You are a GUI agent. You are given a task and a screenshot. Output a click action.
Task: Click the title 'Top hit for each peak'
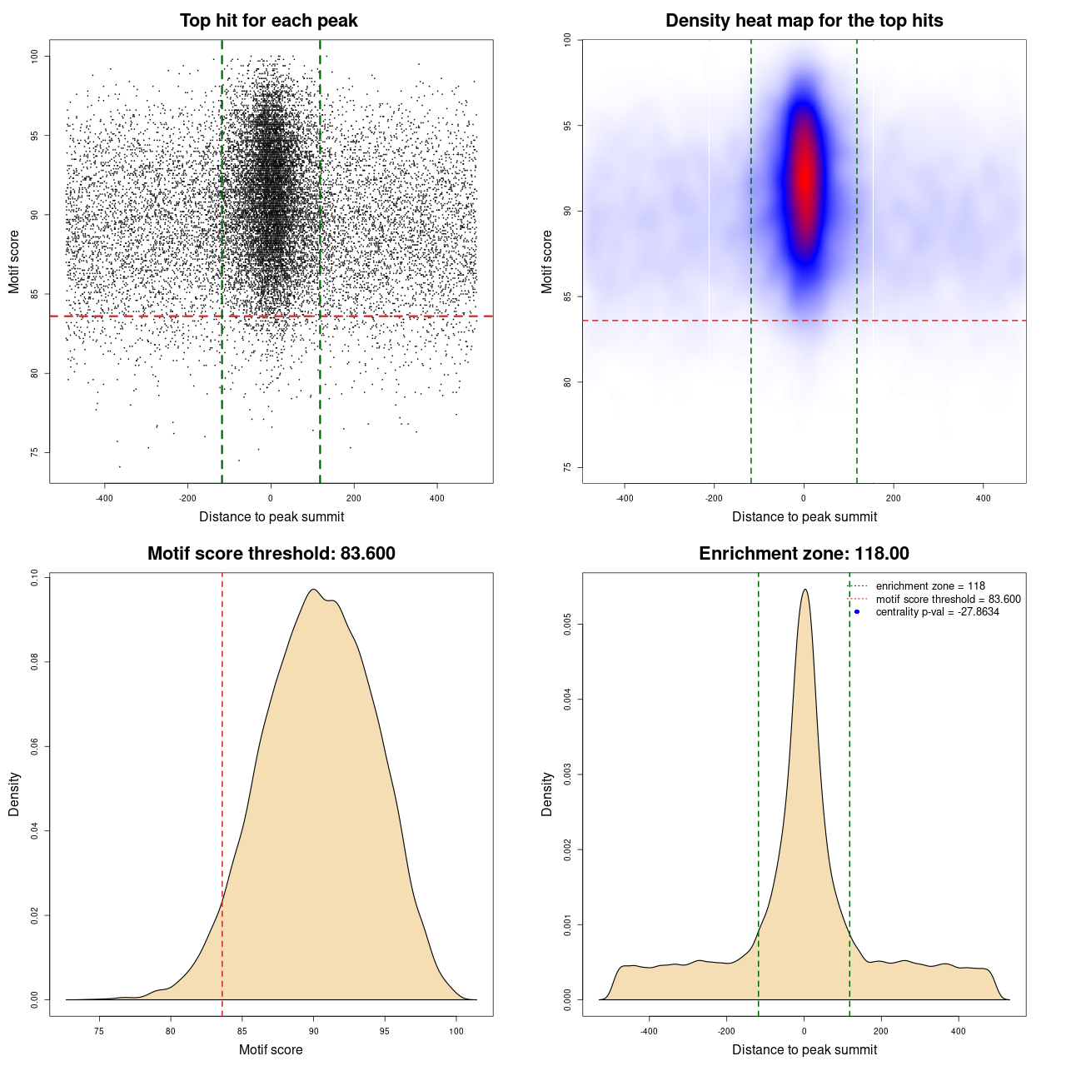[268, 21]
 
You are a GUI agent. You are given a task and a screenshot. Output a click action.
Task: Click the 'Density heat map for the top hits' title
[804, 21]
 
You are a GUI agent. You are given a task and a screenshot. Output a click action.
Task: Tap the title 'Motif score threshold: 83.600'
[271, 554]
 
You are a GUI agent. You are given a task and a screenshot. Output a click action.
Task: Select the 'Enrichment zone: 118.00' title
[804, 554]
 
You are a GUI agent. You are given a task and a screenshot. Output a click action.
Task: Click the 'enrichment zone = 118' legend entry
[929, 586]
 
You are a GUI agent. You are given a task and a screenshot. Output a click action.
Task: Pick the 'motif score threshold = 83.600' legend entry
[948, 600]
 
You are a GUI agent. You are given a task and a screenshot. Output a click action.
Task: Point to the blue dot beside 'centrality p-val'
[857, 612]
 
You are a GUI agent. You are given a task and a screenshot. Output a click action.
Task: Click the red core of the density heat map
[804, 175]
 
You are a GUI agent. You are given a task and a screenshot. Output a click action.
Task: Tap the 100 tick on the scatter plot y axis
[35, 56]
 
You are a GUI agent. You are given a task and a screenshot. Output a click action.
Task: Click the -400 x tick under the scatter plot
[104, 498]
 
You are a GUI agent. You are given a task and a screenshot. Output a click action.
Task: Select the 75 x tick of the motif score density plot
[99, 1031]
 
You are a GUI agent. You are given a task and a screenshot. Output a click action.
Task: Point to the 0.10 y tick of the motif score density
[35, 578]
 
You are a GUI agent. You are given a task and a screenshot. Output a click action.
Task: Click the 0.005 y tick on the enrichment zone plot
[568, 625]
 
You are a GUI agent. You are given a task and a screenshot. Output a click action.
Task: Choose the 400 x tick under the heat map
[984, 498]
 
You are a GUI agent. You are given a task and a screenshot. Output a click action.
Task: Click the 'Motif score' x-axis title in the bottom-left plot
[271, 1049]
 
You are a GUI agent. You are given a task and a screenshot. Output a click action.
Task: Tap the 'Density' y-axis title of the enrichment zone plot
[547, 794]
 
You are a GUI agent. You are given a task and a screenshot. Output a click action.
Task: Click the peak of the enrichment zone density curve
[804, 590]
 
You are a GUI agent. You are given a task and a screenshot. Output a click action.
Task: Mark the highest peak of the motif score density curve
[313, 590]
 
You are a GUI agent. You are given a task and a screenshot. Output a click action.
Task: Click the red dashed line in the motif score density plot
[222, 791]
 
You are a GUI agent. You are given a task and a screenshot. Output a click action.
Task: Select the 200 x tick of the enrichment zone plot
[881, 1031]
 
